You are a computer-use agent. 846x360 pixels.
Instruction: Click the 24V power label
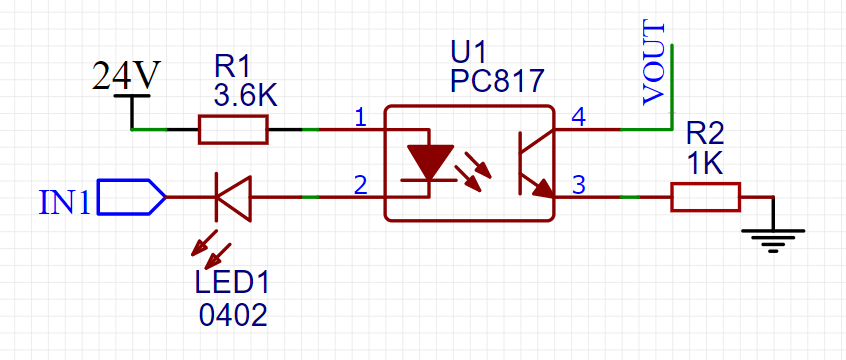click(x=126, y=75)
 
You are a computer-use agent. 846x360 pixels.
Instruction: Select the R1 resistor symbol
click(x=233, y=130)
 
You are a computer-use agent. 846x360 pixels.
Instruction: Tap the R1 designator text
click(x=233, y=67)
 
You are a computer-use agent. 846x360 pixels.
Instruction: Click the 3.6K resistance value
click(x=245, y=95)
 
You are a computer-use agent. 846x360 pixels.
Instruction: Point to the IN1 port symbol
click(x=131, y=197)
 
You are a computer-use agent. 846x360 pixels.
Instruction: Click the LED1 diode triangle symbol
click(x=233, y=197)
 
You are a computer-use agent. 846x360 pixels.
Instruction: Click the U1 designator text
click(x=469, y=52)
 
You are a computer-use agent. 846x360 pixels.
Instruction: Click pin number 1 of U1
click(x=360, y=118)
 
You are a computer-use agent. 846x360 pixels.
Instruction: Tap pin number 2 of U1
click(x=360, y=184)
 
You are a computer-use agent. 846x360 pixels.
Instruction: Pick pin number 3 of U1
click(x=578, y=184)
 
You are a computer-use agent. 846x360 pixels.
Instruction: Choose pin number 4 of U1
click(x=578, y=118)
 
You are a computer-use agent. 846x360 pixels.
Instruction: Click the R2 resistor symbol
click(x=705, y=197)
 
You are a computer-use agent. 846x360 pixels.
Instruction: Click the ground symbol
click(x=772, y=238)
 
